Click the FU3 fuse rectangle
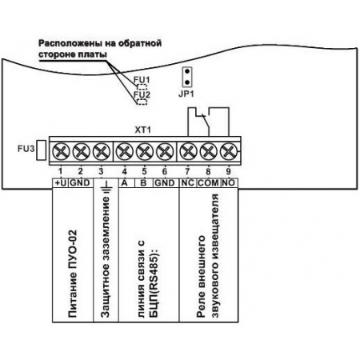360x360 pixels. (x=41, y=150)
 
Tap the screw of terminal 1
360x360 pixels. (x=61, y=151)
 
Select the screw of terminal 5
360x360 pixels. (x=145, y=151)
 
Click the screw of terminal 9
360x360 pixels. (x=229, y=151)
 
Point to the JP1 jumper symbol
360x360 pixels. (x=187, y=77)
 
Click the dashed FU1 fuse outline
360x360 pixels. (x=142, y=86)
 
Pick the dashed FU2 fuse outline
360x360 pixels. (x=142, y=102)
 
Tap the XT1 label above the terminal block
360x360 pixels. (x=143, y=130)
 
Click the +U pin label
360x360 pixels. (x=60, y=183)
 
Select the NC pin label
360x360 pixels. (x=188, y=183)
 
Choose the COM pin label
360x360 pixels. (x=208, y=183)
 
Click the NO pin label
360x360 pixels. (x=229, y=183)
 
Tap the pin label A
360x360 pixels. (x=124, y=183)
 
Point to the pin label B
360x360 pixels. (x=143, y=183)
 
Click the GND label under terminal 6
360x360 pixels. (x=165, y=183)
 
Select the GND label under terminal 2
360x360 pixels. (x=80, y=183)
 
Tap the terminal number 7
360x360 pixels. (x=187, y=171)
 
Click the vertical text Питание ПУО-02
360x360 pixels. (x=73, y=274)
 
